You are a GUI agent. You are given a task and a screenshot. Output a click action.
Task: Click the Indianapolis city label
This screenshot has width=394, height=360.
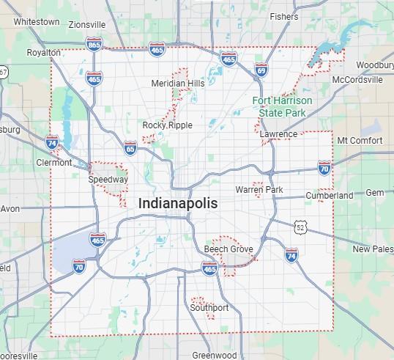[x=177, y=203]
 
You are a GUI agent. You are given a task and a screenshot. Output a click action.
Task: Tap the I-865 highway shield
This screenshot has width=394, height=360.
[x=94, y=45]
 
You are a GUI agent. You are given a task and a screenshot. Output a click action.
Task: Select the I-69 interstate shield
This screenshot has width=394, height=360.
[x=261, y=70]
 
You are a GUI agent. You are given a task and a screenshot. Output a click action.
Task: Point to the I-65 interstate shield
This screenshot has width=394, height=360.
[x=130, y=147]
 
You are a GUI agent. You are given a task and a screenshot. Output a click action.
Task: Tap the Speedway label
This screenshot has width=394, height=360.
[x=108, y=179]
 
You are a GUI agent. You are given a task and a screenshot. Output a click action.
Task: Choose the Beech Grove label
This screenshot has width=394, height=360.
[x=228, y=249]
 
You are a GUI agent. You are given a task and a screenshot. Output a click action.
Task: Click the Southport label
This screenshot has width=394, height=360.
[x=209, y=308]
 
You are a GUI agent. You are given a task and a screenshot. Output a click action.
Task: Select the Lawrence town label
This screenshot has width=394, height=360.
[x=279, y=134]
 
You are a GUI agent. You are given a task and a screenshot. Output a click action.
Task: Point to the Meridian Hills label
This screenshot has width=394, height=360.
[x=178, y=84]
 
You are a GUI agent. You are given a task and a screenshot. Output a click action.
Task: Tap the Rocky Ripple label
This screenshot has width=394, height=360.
[x=167, y=125]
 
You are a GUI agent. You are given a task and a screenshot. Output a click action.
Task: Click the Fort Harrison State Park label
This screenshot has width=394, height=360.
[x=282, y=106]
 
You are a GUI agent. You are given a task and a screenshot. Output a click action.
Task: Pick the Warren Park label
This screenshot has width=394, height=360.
[x=259, y=190]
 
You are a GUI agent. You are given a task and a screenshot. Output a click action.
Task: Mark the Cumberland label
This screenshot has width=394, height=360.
[x=330, y=196]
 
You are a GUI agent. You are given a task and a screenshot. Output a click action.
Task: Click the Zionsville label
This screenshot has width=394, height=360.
[x=86, y=24]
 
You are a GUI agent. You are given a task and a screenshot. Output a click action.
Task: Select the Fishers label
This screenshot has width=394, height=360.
[x=283, y=16]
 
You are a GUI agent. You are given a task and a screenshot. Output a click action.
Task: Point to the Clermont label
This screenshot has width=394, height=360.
[x=54, y=163]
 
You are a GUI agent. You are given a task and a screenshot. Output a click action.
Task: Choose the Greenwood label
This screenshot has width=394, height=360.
[x=214, y=355]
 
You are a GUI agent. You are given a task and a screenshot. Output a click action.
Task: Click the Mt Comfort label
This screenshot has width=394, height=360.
[x=360, y=140]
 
